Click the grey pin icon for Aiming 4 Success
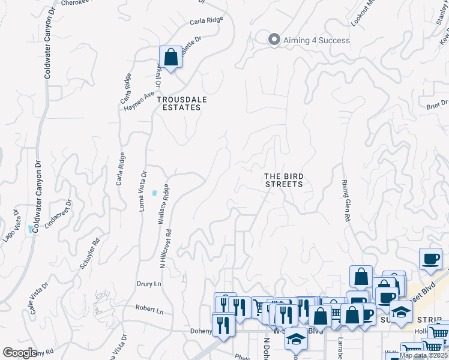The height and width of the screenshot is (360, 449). (274, 40)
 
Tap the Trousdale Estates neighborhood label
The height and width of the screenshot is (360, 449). (178, 103)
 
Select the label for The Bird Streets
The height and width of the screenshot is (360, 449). (284, 180)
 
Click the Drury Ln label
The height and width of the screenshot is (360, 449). (149, 283)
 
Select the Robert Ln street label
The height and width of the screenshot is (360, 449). (149, 311)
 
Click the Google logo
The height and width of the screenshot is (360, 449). (20, 353)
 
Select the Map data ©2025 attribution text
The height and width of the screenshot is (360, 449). (423, 355)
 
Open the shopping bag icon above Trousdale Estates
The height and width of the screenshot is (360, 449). (170, 58)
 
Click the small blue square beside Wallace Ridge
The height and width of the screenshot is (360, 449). (155, 193)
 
